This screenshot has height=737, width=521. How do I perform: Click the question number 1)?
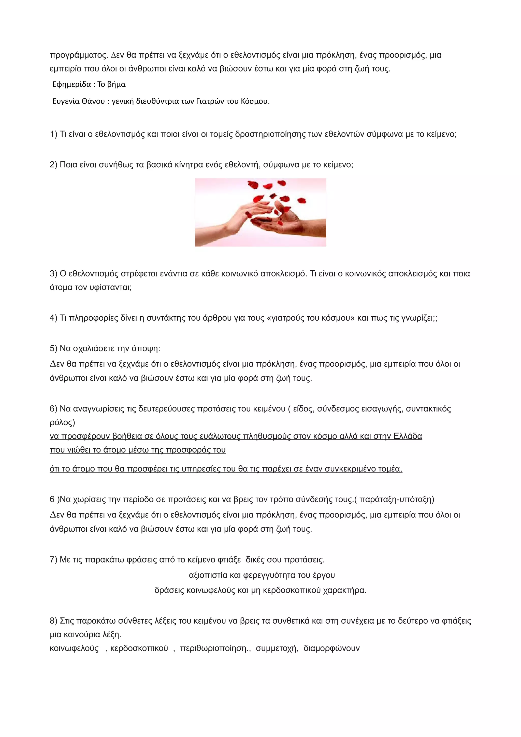coord(54,134)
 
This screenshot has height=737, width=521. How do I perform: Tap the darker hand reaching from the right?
coord(289,222)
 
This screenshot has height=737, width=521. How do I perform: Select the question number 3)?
coord(54,274)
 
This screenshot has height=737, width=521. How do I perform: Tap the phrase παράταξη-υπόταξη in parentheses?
coord(396,499)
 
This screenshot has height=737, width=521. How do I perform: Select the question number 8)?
coord(54,621)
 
